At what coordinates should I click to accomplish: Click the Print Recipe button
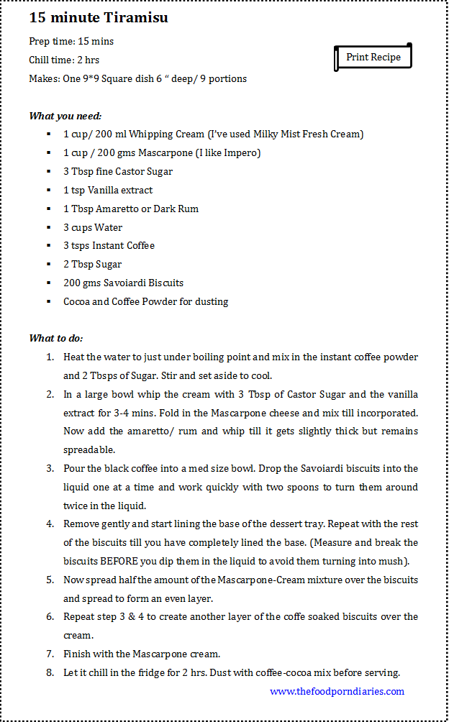click(373, 58)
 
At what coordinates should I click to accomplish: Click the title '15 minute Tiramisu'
click(99, 17)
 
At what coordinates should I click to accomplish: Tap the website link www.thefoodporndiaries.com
click(337, 691)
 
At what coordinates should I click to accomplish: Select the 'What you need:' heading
click(65, 116)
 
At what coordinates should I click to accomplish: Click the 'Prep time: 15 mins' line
click(71, 42)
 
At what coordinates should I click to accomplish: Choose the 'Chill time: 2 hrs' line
click(64, 60)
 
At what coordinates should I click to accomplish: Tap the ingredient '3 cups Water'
click(93, 227)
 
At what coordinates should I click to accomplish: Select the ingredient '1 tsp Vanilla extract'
click(108, 190)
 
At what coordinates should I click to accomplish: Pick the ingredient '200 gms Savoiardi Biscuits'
click(123, 283)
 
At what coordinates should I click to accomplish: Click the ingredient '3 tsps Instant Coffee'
click(109, 245)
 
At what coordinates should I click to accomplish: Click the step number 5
click(50, 580)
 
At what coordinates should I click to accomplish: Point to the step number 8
click(50, 672)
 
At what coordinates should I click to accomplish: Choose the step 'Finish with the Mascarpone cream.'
click(142, 654)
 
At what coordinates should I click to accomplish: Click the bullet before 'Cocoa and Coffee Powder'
click(47, 301)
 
